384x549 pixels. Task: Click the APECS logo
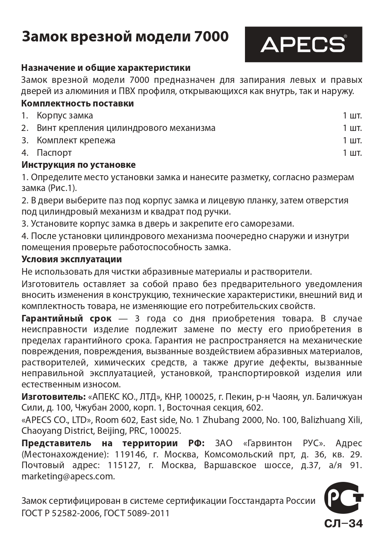click(303, 44)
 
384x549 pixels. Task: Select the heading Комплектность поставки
click(78, 103)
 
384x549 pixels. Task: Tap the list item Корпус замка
click(65, 115)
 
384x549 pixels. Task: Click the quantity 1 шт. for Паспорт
click(352, 152)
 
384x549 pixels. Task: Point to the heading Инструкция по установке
click(79, 164)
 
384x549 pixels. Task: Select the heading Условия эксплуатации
click(72, 259)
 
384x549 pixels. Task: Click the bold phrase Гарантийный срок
click(67, 318)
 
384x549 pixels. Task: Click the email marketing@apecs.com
click(68, 476)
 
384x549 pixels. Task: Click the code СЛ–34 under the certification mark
click(343, 523)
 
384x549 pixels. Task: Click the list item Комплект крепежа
click(76, 140)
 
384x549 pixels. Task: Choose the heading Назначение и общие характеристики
click(106, 68)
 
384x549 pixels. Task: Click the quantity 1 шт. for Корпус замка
click(352, 115)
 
